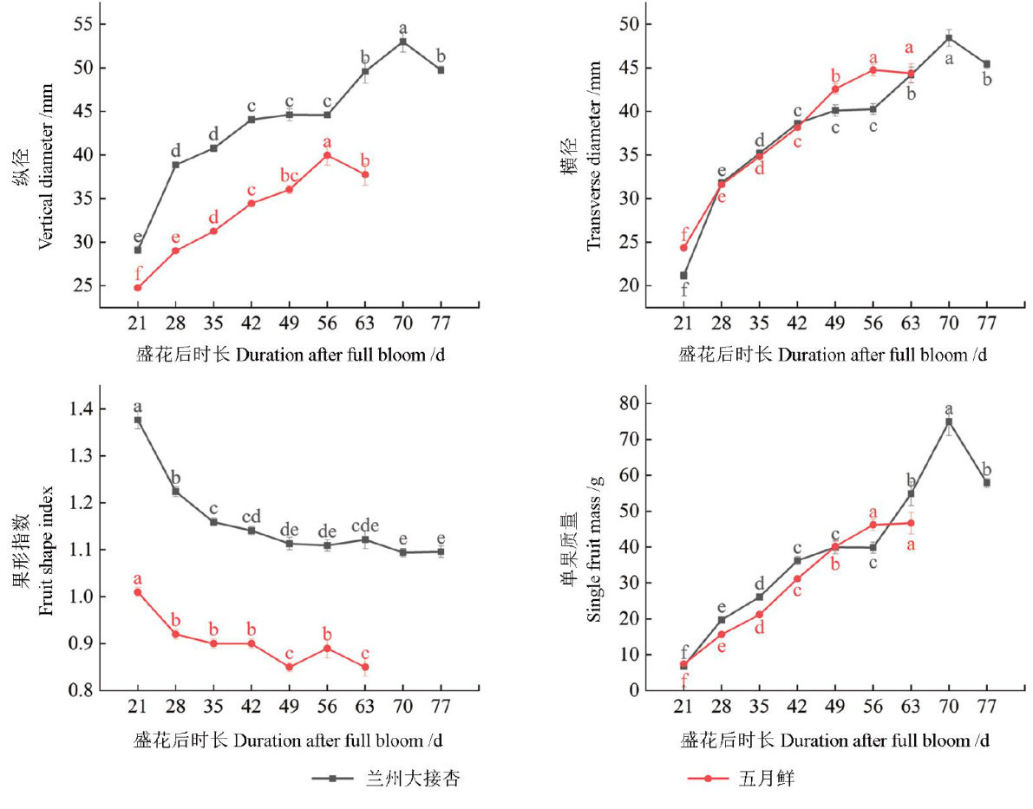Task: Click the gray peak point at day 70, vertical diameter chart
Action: (402, 42)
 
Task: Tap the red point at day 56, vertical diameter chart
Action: (327, 155)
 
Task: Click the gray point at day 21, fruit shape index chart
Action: (137, 421)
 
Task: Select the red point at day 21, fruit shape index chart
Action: (137, 592)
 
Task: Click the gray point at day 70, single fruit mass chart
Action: (949, 422)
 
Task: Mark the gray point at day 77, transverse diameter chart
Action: (986, 64)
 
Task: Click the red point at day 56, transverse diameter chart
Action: (873, 70)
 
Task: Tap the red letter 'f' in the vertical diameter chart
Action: (137, 272)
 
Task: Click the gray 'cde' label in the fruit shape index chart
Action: (365, 525)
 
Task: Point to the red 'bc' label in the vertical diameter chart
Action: (289, 175)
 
